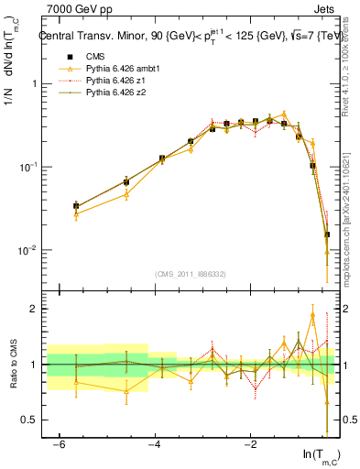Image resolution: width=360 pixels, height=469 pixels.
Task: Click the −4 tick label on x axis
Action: click(x=155, y=444)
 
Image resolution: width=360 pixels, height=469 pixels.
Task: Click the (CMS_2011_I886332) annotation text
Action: click(x=191, y=273)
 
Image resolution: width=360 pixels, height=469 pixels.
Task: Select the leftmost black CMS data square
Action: click(x=76, y=207)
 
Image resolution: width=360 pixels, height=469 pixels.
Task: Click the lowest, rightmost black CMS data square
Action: click(x=326, y=234)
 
